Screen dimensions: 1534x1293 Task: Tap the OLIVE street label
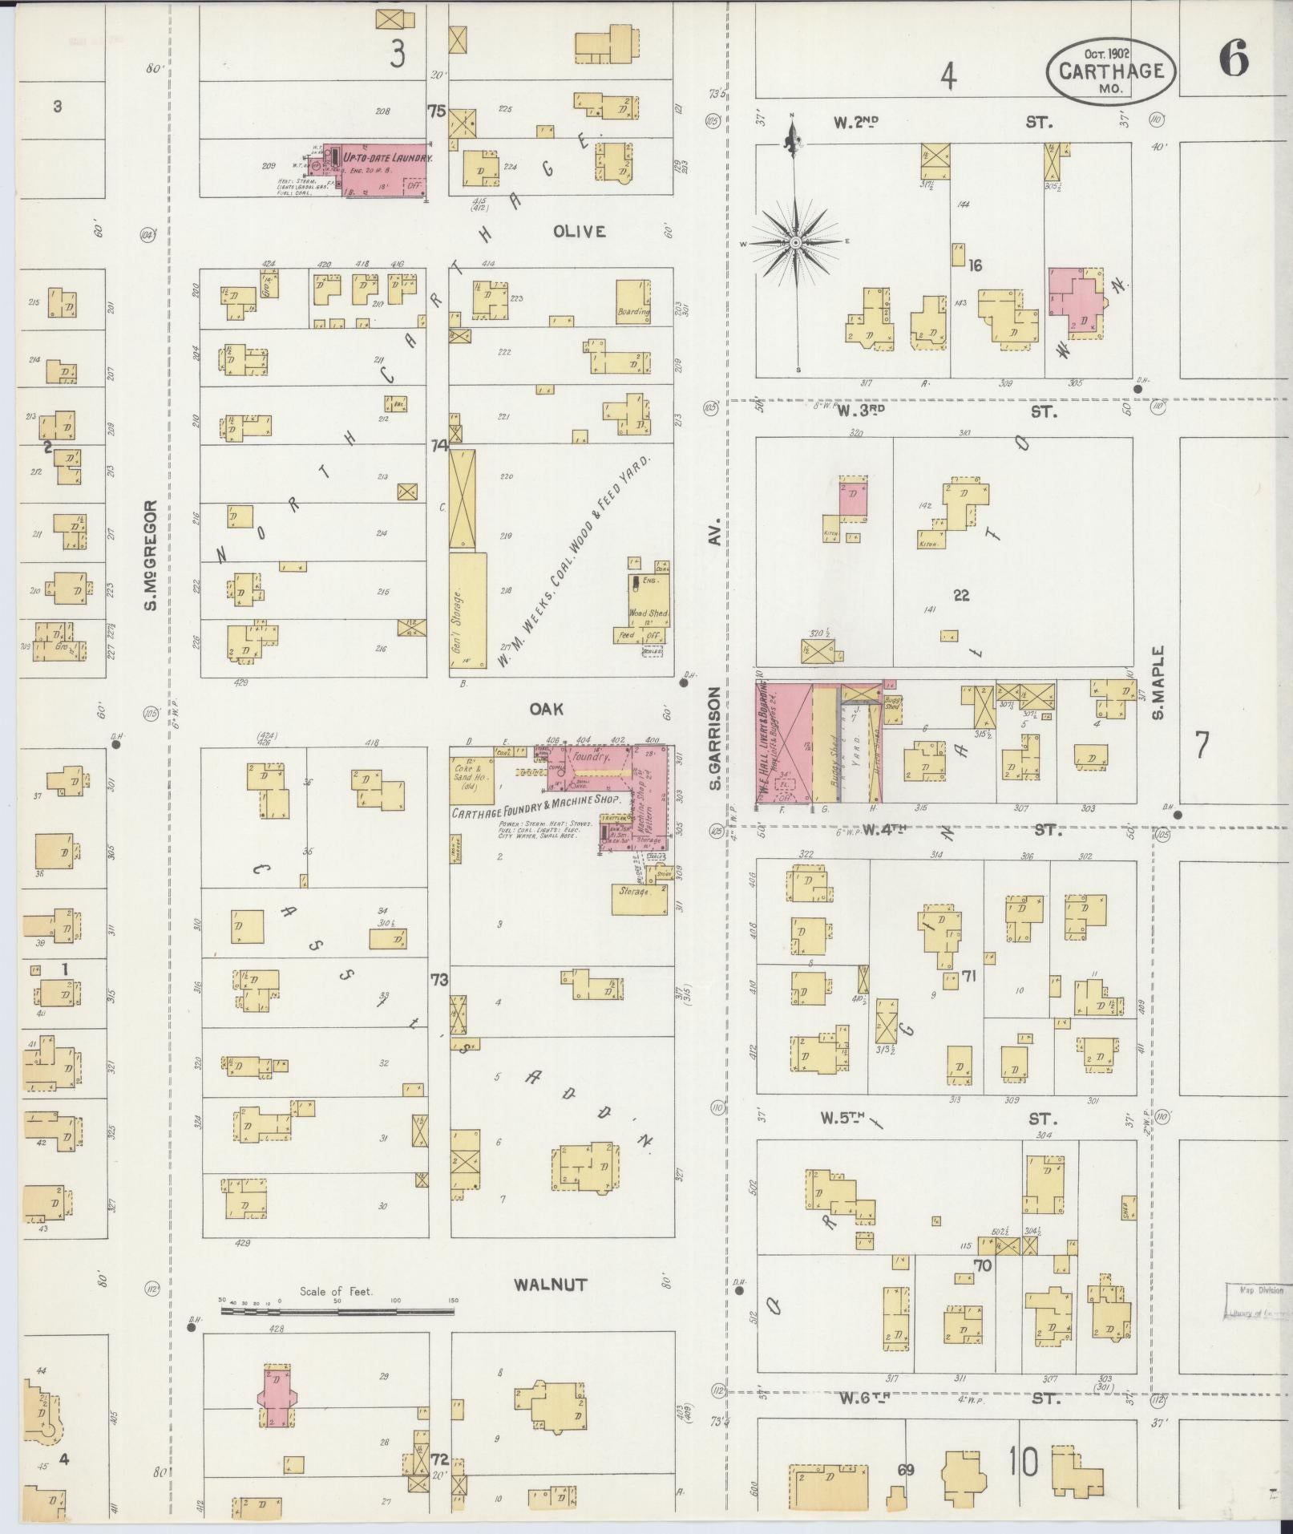579,232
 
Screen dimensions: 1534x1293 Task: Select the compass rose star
796,241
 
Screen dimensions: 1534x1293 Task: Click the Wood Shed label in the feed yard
648,613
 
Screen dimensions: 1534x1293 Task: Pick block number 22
961,595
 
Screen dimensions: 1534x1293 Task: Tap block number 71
968,977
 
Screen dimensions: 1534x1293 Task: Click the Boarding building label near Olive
633,311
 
